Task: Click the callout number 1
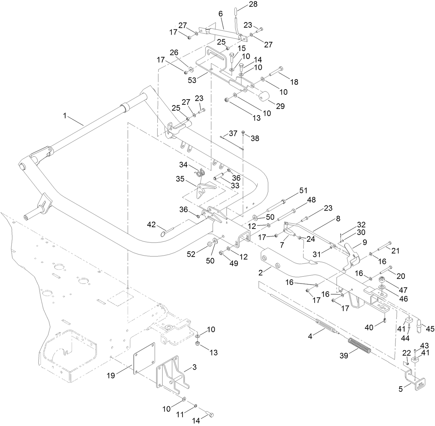pos(64,116)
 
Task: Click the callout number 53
pos(192,80)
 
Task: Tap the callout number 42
pos(151,225)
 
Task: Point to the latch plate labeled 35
pos(204,191)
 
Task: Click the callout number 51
pos(303,190)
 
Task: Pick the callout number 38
pos(255,138)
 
